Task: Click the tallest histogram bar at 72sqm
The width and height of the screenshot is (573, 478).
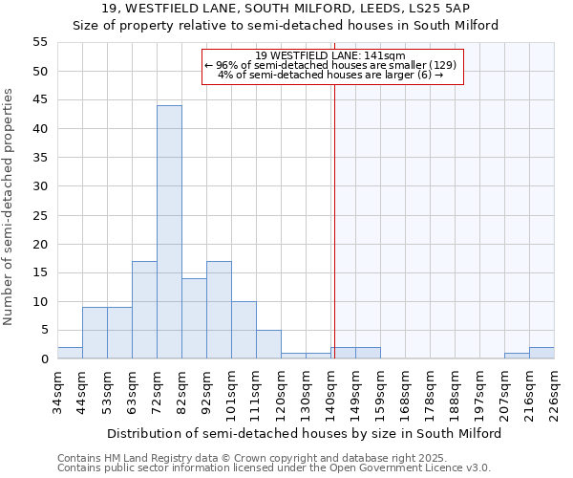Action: pyautogui.click(x=169, y=232)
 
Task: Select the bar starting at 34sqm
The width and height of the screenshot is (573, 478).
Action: pyautogui.click(x=70, y=353)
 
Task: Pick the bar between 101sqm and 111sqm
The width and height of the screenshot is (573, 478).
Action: pyautogui.click(x=244, y=330)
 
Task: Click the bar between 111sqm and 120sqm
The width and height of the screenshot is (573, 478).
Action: pyautogui.click(x=268, y=344)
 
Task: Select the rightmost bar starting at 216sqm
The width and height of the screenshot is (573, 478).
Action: pyautogui.click(x=541, y=353)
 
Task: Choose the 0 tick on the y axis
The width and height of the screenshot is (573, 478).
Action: pyautogui.click(x=44, y=358)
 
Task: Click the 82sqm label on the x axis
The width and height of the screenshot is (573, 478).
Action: pyautogui.click(x=181, y=389)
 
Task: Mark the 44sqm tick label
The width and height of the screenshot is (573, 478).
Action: pyautogui.click(x=82, y=389)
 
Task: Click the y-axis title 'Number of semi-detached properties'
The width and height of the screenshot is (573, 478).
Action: pyautogui.click(x=10, y=206)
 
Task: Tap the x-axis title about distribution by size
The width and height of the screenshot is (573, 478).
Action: pyautogui.click(x=304, y=433)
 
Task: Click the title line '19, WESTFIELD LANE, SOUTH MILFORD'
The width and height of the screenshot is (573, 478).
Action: pyautogui.click(x=286, y=9)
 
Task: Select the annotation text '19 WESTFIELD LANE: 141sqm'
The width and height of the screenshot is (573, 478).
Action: pyautogui.click(x=331, y=55)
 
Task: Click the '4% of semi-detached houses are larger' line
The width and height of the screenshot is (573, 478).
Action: pyautogui.click(x=330, y=75)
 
